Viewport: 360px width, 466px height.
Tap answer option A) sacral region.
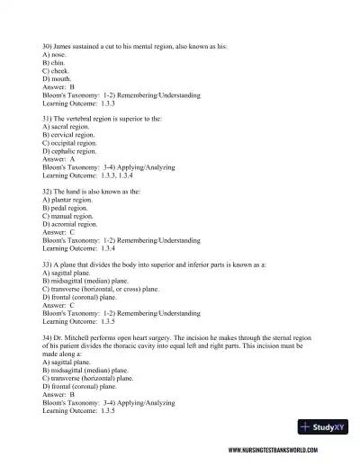(x=66, y=128)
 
